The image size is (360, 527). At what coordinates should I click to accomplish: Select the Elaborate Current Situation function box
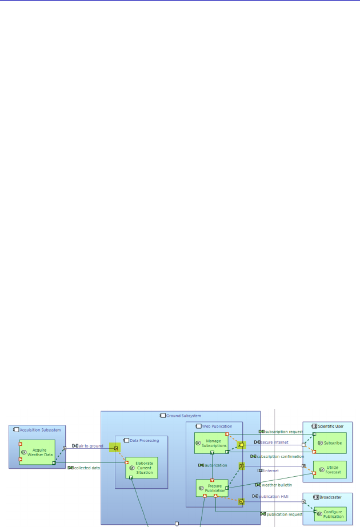[141, 468]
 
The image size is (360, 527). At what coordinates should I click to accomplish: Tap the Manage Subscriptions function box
[211, 442]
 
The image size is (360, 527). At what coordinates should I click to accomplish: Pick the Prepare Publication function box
[212, 488]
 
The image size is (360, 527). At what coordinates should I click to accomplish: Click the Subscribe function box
[330, 442]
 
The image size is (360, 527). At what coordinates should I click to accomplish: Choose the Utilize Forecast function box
[330, 469]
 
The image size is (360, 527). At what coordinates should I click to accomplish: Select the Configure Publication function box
[330, 514]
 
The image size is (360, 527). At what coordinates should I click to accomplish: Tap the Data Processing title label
[144, 440]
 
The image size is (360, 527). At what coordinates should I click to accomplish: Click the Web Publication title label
[217, 426]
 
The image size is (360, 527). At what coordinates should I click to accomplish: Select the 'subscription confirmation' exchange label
[279, 456]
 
